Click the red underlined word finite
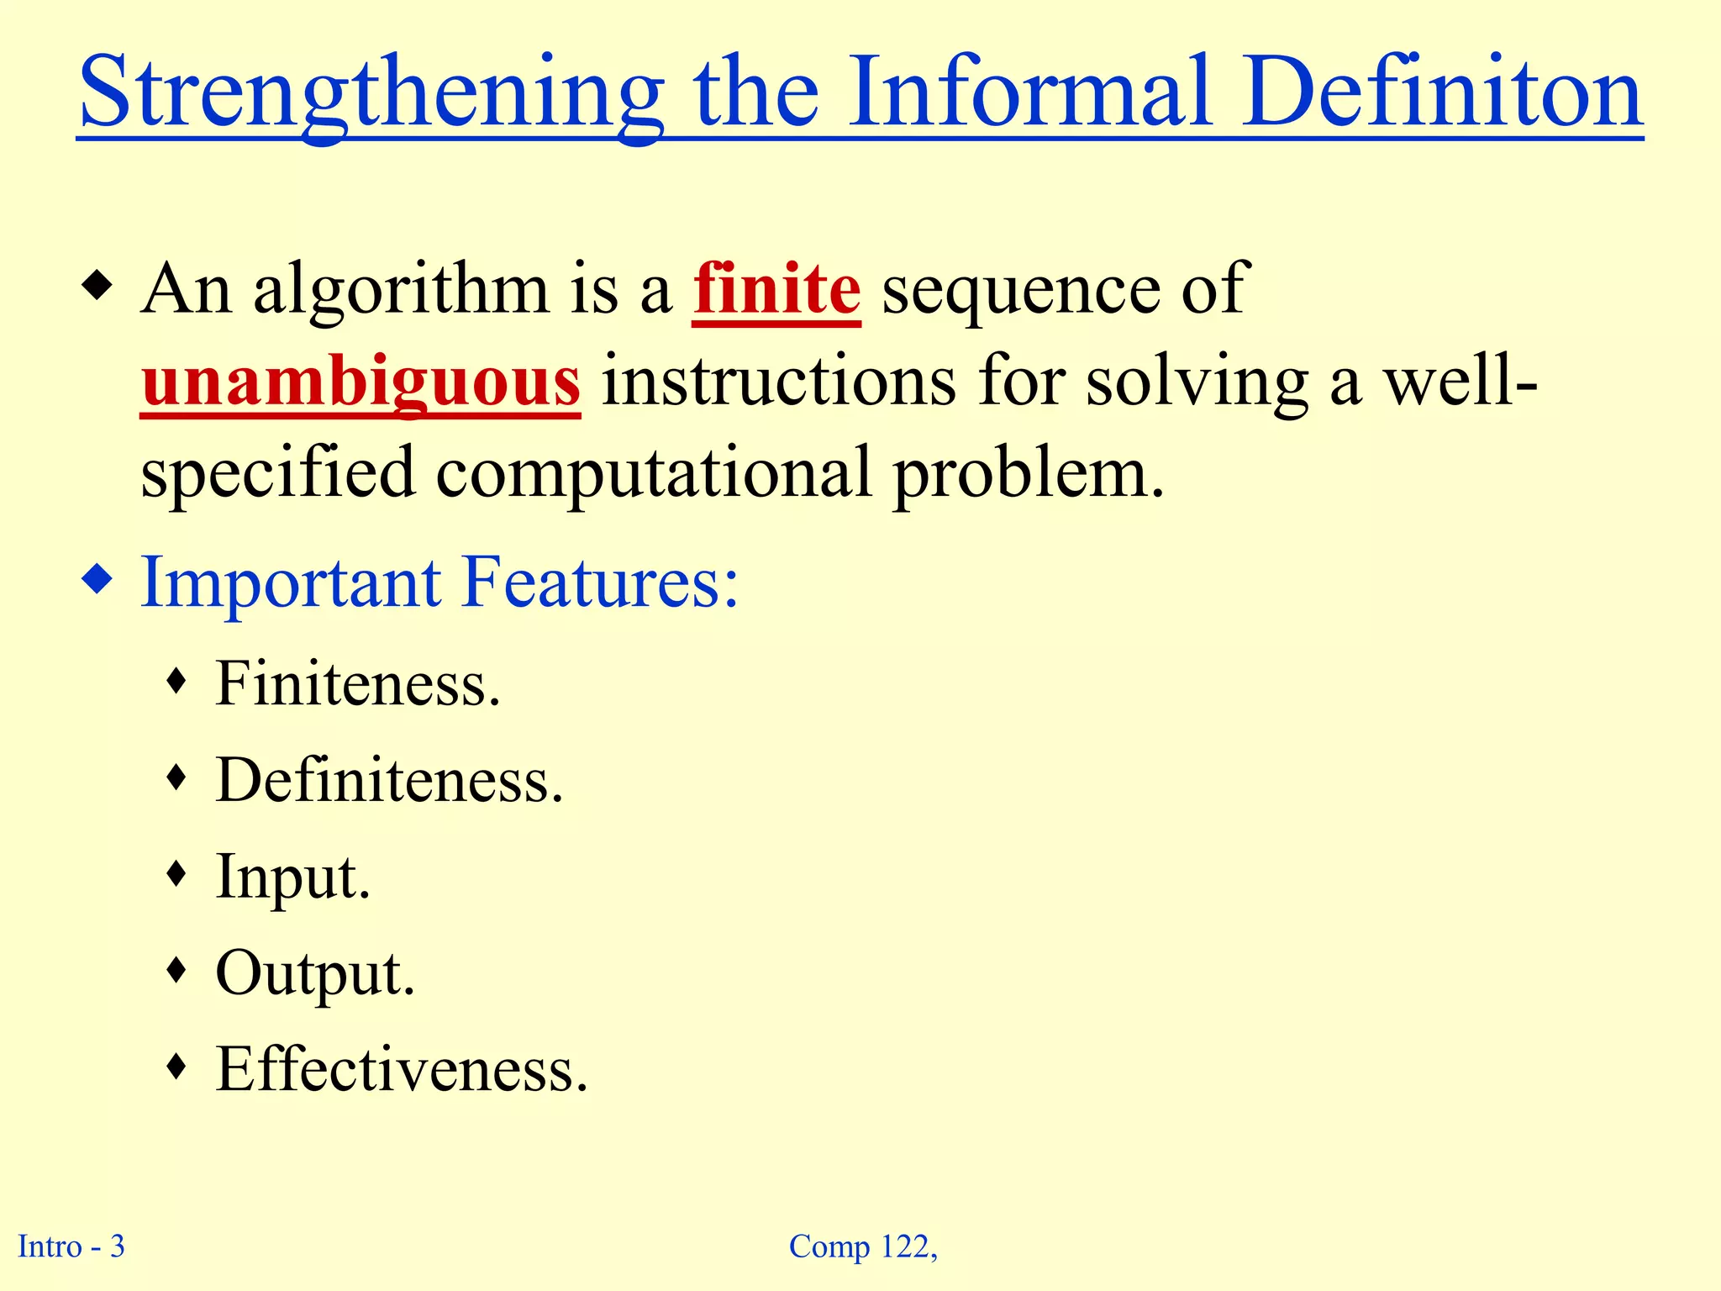tap(776, 289)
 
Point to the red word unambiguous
tap(361, 382)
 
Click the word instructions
tap(778, 382)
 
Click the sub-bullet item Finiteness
tap(358, 684)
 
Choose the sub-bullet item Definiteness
tap(389, 781)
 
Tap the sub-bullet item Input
tap(292, 877)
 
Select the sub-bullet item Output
tap(315, 974)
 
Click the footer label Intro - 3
tap(71, 1246)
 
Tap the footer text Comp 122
tap(862, 1246)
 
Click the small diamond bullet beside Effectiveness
tap(176, 1067)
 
